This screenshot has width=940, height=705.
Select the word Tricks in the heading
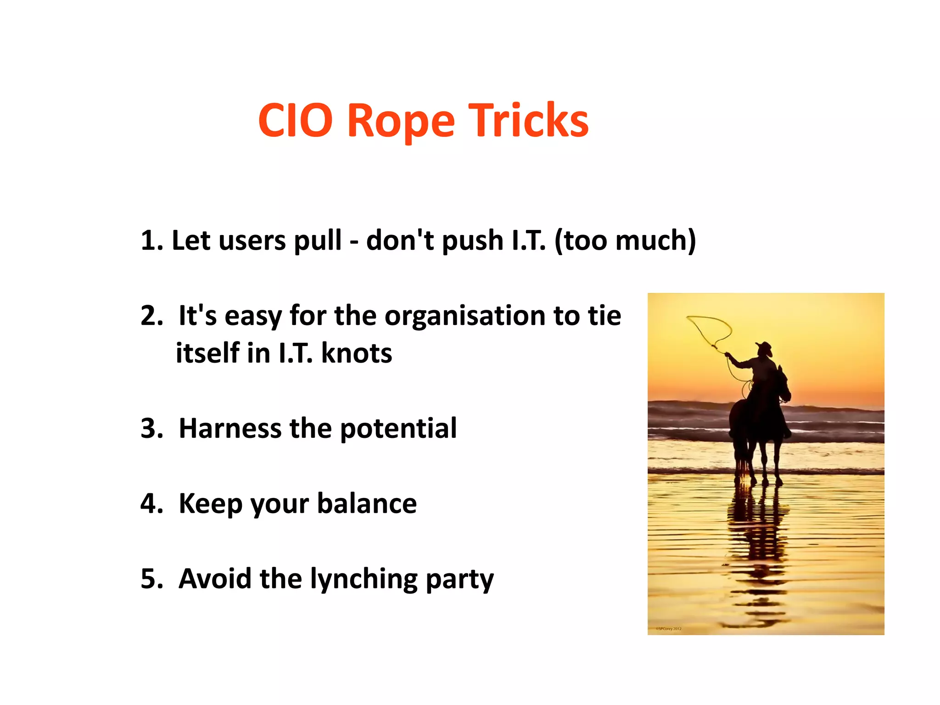(528, 121)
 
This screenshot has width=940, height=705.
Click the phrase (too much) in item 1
(625, 241)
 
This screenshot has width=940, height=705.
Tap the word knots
(357, 353)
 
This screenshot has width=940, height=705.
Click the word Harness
(230, 428)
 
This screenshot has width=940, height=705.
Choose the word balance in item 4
(367, 504)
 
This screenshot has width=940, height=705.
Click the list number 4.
(150, 504)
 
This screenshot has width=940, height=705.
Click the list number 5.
(150, 579)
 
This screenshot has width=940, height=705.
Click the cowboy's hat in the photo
(765, 347)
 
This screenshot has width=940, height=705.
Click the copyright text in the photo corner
(668, 628)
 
